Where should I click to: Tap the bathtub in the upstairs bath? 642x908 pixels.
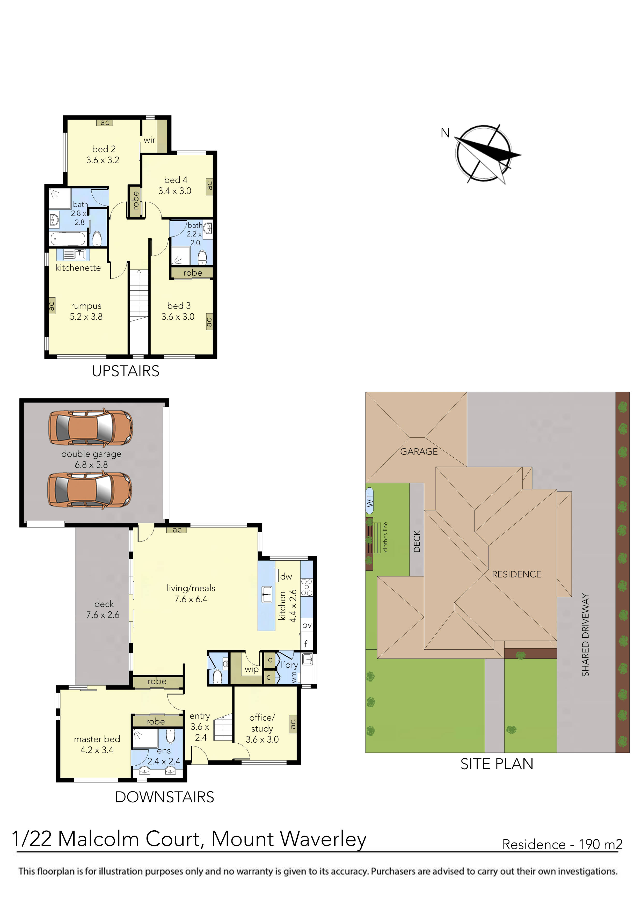tap(68, 239)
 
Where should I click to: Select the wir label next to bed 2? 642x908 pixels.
tap(150, 140)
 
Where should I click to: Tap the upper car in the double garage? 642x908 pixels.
tap(91, 428)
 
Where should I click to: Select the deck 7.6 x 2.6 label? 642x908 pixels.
tap(103, 609)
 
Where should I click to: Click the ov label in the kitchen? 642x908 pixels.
tap(307, 625)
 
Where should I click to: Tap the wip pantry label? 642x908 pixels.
tap(252, 669)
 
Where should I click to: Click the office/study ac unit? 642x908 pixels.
tap(293, 724)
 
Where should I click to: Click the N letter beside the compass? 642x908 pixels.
tap(446, 133)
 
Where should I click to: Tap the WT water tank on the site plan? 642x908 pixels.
tap(369, 501)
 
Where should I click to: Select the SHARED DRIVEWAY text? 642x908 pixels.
tap(585, 635)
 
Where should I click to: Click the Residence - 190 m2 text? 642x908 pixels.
tap(562, 845)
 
